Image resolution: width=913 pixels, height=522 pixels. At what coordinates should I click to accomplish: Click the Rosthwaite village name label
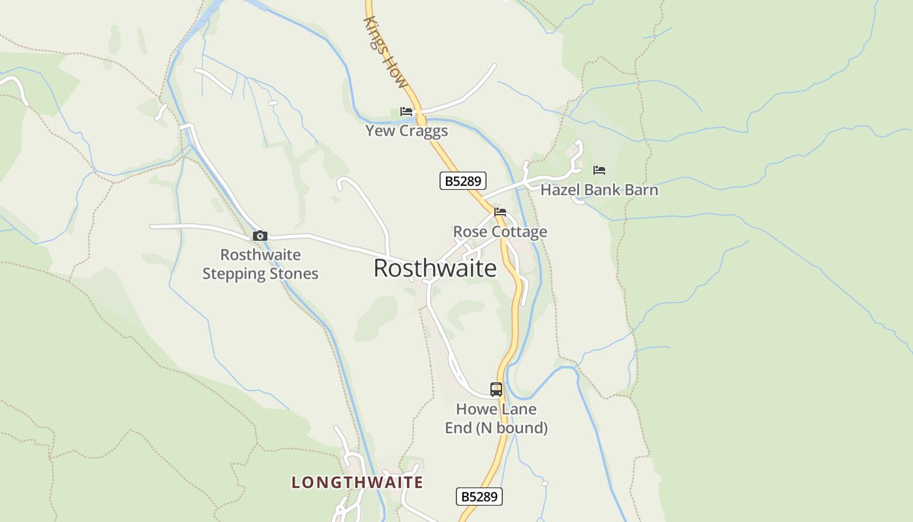[435, 268]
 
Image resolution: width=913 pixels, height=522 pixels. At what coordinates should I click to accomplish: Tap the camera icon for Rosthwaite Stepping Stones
[260, 236]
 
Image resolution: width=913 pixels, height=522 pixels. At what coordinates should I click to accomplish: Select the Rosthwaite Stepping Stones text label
[260, 264]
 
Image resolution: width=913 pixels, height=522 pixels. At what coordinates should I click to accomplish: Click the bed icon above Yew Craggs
[406, 112]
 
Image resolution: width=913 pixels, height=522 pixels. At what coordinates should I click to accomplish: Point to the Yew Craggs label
[406, 130]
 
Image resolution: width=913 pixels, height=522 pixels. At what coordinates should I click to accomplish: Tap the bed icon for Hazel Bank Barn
[599, 170]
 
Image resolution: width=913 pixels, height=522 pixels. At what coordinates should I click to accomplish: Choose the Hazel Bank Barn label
[599, 190]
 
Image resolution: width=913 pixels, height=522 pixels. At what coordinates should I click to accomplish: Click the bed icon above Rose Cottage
[500, 212]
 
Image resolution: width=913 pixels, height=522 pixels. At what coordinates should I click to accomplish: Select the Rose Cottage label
[500, 232]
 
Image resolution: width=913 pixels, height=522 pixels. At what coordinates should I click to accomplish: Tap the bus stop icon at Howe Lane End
[496, 390]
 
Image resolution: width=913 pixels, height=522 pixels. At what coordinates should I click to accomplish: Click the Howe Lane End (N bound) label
[496, 418]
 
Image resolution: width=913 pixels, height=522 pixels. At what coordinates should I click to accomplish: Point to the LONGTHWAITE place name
[357, 482]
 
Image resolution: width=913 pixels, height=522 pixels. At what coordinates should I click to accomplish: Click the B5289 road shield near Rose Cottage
[463, 181]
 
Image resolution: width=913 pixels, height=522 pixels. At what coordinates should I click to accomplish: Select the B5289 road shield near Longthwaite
[479, 497]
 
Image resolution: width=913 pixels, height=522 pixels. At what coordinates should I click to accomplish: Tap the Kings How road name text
[385, 52]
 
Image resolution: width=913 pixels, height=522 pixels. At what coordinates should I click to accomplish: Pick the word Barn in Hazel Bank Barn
[640, 190]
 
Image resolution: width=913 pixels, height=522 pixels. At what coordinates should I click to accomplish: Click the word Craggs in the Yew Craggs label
[423, 130]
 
